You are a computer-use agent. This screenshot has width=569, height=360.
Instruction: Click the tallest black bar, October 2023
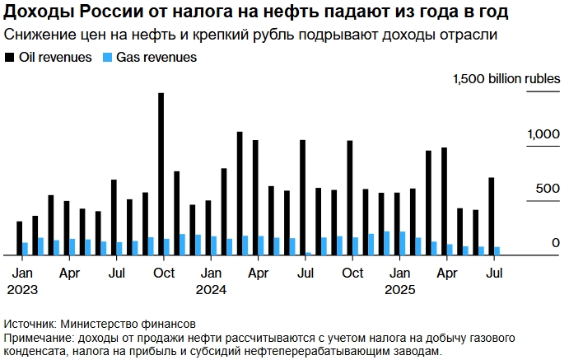pos(161,174)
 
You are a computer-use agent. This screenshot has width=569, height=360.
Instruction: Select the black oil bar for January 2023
pos(19,238)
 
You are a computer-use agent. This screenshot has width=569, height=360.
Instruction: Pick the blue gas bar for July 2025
pos(497,250)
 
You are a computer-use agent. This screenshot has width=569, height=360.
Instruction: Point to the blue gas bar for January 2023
pos(25,249)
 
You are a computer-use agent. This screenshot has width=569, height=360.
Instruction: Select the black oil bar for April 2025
pos(444,201)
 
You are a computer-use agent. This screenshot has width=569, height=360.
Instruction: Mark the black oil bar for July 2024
pos(302,198)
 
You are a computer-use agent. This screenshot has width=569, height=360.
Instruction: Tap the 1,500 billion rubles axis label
pos(501,78)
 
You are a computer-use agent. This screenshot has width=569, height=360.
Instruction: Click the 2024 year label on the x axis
pos(211,289)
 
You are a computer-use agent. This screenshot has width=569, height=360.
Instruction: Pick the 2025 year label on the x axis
pos(400,289)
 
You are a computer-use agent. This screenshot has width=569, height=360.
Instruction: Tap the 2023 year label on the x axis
pos(22,289)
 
